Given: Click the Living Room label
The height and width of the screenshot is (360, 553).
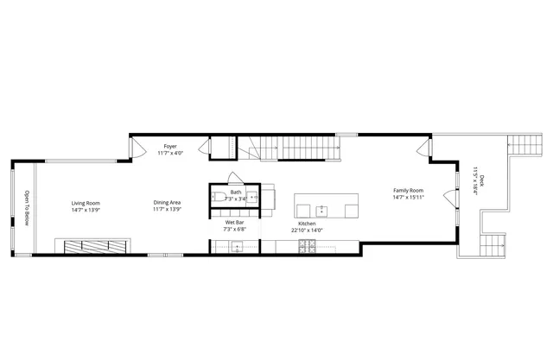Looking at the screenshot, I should [86, 204].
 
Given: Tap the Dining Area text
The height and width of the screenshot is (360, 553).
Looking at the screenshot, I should [167, 204].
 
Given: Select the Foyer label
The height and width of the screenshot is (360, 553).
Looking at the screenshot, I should [170, 147].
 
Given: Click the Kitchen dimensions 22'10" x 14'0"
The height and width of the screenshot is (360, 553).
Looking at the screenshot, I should [307, 231].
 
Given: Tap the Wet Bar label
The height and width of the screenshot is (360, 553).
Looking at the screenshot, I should [235, 223].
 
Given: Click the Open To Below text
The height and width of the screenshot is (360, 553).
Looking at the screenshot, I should [27, 208].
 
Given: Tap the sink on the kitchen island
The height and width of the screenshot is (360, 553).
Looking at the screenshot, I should [321, 209].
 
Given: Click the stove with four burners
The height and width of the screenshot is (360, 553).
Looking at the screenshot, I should [306, 247].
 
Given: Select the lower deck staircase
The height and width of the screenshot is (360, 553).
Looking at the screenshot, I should [492, 244].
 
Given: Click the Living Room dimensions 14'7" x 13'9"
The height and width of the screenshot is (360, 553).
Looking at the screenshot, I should [86, 211].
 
